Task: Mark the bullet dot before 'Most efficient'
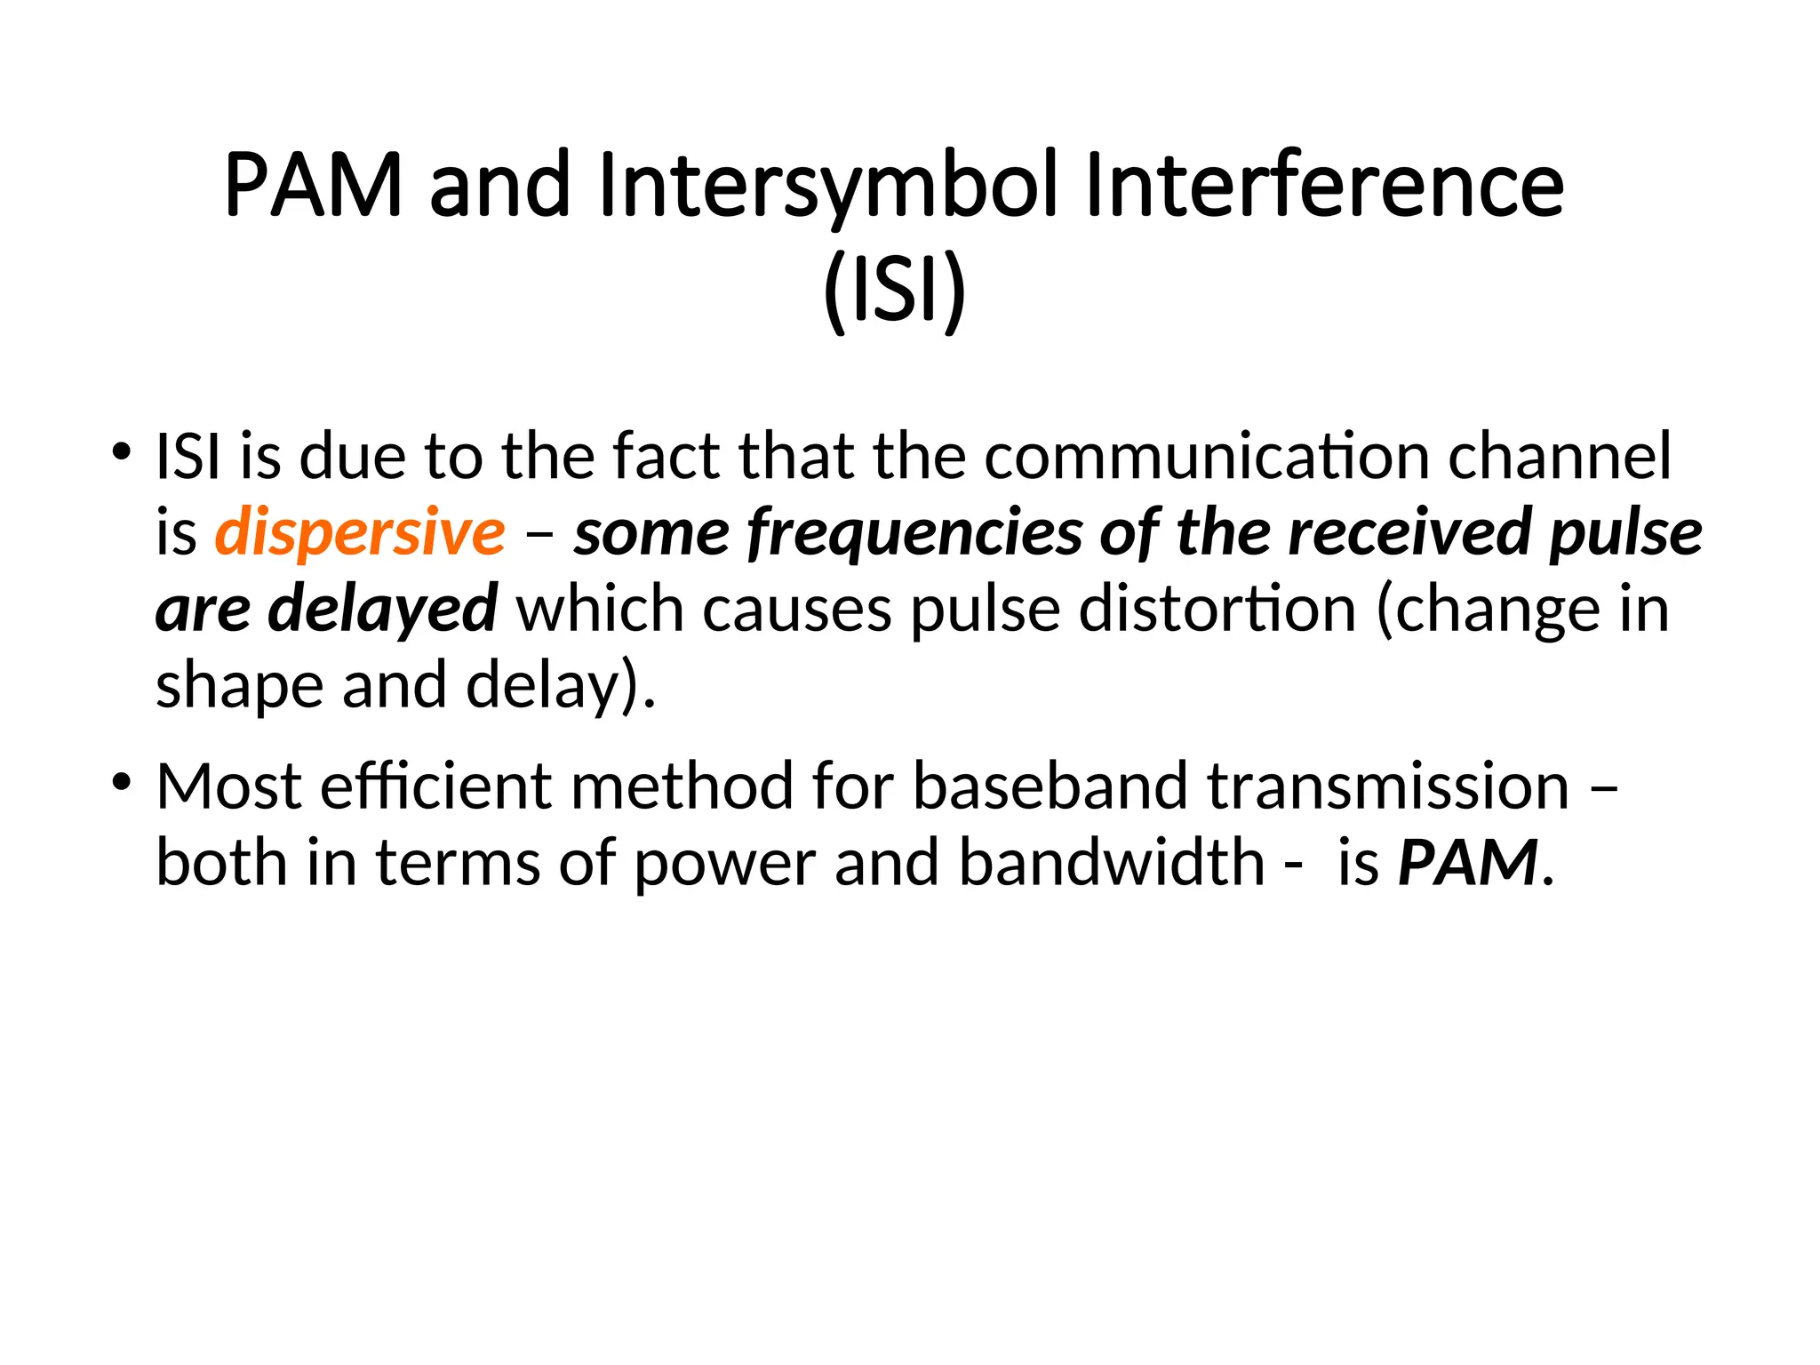122,781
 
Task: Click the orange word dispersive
360,532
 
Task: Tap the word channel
1560,456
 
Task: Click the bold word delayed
382,609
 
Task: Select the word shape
238,685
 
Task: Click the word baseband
1050,786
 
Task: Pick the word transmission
1388,786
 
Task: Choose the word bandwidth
1112,862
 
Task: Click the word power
724,862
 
